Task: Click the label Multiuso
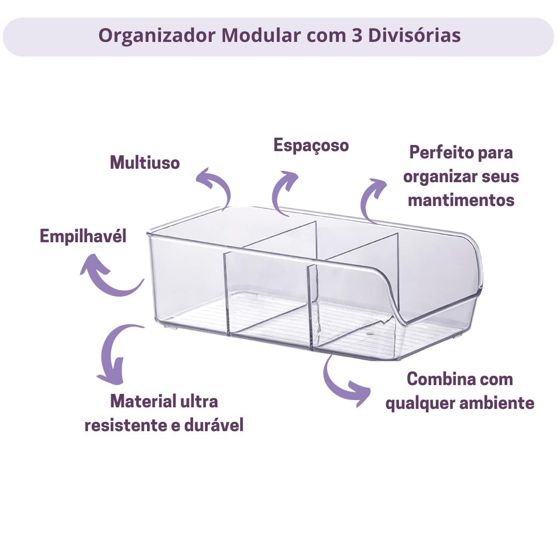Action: point(144,163)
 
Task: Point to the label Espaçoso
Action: point(311,145)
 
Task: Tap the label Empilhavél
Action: point(83,237)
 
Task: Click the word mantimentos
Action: point(461,200)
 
